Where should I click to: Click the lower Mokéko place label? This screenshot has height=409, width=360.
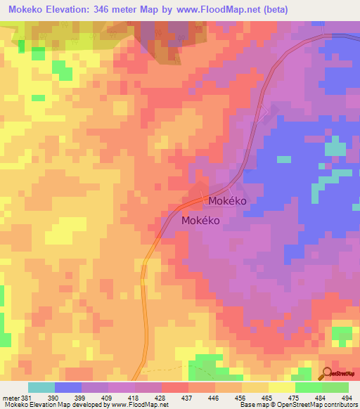(x=201, y=221)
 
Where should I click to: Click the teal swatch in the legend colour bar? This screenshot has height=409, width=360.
(x=41, y=387)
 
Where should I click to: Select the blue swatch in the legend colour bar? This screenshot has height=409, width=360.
(x=68, y=387)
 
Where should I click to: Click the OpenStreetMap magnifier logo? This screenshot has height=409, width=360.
(x=328, y=373)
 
